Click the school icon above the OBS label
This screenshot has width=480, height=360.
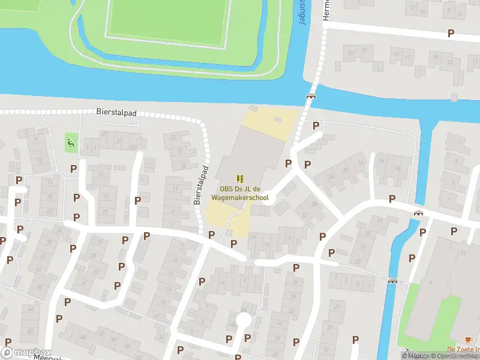pos(240,178)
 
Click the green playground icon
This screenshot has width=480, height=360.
pos(71,143)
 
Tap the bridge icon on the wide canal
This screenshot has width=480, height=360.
pos(311,96)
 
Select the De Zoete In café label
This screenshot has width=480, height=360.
pos(463,350)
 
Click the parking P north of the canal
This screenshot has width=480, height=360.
pos(451,34)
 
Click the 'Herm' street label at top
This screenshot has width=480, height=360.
pos(327,9)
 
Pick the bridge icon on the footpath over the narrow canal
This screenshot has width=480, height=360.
pos(392,281)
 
